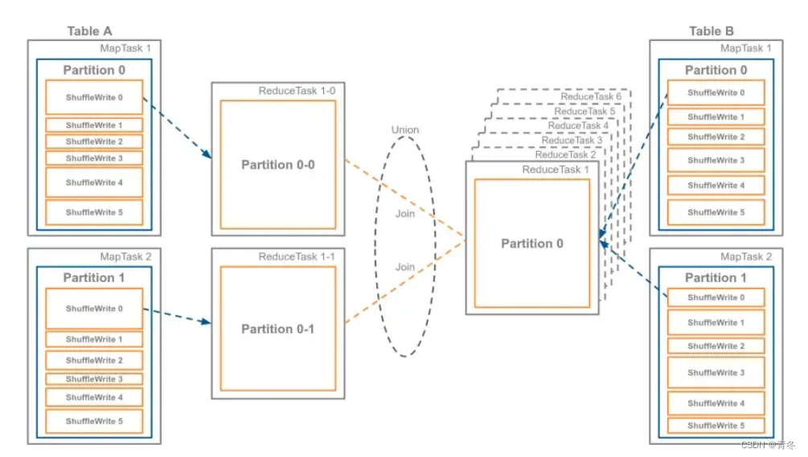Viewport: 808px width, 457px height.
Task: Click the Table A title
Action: [x=89, y=31]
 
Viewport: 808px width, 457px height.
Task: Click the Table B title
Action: [x=711, y=31]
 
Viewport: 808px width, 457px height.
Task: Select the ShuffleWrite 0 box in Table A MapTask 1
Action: [x=94, y=97]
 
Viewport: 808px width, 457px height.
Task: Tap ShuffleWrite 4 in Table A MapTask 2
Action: [x=94, y=397]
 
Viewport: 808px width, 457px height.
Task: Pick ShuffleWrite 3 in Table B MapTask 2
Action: [x=716, y=373]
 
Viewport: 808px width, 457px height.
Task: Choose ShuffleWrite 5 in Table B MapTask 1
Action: [x=716, y=212]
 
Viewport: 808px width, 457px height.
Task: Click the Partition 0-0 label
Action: [x=277, y=165]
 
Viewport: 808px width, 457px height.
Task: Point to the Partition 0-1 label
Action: [x=277, y=328]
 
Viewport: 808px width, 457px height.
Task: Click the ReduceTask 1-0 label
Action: [x=297, y=91]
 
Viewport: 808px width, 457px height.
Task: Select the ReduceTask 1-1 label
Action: [x=297, y=256]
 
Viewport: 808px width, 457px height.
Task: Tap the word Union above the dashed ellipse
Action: [x=405, y=129]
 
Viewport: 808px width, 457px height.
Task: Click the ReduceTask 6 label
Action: [x=591, y=96]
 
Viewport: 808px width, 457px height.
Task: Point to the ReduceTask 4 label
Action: [x=578, y=125]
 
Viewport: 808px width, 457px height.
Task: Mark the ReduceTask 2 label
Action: [x=565, y=154]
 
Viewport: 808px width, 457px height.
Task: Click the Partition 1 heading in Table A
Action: [x=94, y=277]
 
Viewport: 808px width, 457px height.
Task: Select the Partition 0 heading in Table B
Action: [x=716, y=70]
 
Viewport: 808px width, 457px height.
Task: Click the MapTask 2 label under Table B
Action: [x=745, y=256]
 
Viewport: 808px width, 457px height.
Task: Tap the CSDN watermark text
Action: [x=768, y=444]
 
